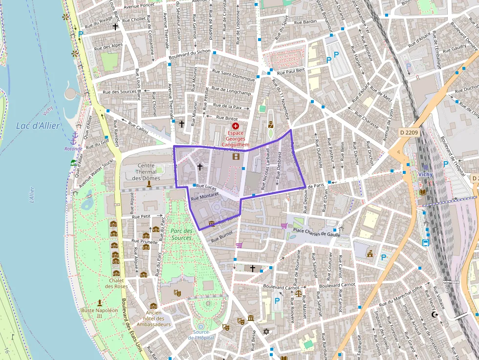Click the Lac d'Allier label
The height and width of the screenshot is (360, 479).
(38, 126)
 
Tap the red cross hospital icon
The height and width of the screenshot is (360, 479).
(236, 126)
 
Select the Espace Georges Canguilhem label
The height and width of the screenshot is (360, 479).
(236, 139)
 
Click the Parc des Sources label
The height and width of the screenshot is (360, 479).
(181, 234)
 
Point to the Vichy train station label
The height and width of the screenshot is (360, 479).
(426, 174)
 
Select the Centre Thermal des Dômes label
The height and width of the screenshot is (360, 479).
(146, 172)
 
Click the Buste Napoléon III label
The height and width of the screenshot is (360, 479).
(100, 313)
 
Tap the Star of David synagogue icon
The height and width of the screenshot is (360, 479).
(266, 332)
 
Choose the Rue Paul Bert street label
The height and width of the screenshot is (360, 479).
(291, 71)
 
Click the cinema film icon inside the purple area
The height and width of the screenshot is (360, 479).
(237, 156)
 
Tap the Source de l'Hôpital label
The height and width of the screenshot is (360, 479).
(201, 335)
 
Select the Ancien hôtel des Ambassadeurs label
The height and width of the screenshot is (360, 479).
(154, 318)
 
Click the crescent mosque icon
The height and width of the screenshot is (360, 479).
(435, 315)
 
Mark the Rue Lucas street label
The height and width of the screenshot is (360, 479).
(207, 187)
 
